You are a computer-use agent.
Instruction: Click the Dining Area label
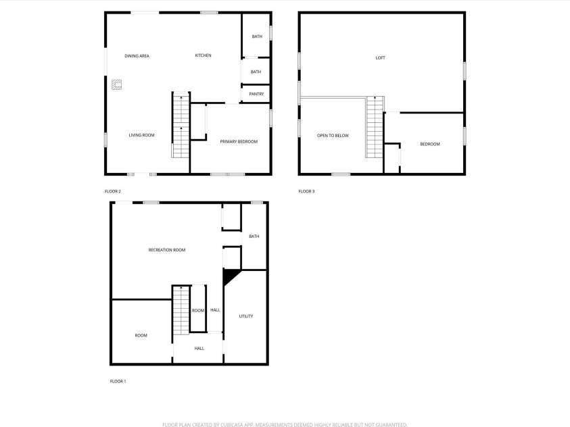click(137, 56)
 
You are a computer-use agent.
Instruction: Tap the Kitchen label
click(203, 55)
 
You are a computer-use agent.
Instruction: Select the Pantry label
click(256, 94)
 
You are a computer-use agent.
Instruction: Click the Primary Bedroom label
click(239, 141)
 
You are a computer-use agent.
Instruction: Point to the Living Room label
click(141, 135)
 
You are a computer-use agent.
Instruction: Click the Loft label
click(381, 58)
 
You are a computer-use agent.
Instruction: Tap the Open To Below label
click(333, 136)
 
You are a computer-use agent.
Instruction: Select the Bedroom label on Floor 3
click(429, 144)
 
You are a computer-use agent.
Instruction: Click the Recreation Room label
click(166, 250)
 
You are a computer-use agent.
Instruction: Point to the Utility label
click(245, 316)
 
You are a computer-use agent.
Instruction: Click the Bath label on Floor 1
click(254, 236)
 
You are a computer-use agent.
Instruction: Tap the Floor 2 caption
click(113, 191)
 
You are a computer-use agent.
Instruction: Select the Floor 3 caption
click(306, 191)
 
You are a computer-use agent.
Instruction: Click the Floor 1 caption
click(118, 381)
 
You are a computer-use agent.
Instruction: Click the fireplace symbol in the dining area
click(117, 84)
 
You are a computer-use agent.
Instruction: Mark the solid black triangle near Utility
click(230, 275)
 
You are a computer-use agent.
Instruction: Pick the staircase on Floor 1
click(181, 310)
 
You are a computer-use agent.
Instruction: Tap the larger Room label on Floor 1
click(141, 336)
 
